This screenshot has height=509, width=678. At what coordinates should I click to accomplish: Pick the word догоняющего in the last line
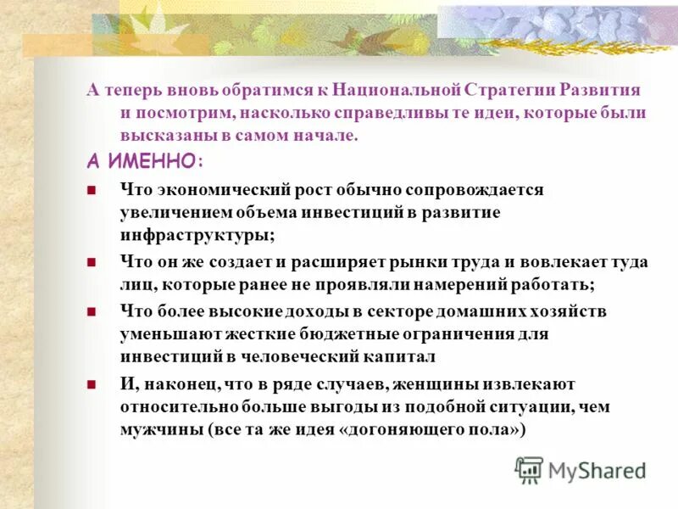406,429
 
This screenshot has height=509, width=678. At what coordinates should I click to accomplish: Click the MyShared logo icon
530,469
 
